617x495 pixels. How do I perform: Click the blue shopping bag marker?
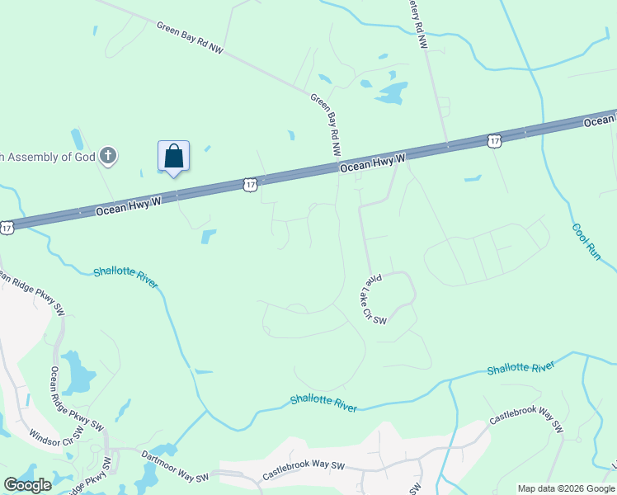pyautogui.click(x=173, y=156)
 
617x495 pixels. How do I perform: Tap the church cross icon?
pyautogui.click(x=107, y=155)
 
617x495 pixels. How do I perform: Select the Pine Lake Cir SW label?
pyautogui.click(x=372, y=299)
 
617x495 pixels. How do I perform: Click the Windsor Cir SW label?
pyautogui.click(x=57, y=432)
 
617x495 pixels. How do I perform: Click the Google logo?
pyautogui.click(x=28, y=485)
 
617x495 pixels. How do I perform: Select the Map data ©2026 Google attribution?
pyautogui.click(x=566, y=488)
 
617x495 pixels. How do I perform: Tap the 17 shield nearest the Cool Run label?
pyautogui.click(x=493, y=141)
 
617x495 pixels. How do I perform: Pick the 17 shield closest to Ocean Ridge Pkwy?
pyautogui.click(x=7, y=226)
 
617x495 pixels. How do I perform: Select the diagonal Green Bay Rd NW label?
pyautogui.click(x=190, y=37)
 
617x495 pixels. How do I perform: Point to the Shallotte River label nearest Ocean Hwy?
pyautogui.click(x=125, y=276)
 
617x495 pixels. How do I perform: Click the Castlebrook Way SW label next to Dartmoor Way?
pyautogui.click(x=303, y=471)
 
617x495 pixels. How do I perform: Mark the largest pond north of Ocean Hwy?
pyautogui.click(x=392, y=92)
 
